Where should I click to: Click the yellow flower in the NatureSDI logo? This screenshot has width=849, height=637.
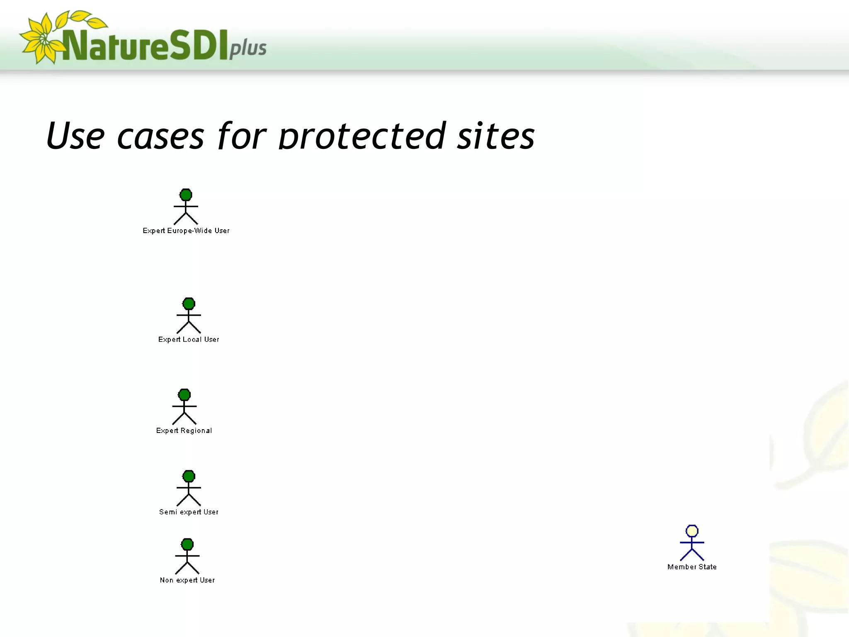click(41, 39)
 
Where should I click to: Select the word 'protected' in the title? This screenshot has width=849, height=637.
click(362, 136)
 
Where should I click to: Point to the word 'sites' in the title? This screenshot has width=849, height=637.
click(496, 136)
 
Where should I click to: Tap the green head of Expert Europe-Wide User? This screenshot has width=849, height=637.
click(186, 195)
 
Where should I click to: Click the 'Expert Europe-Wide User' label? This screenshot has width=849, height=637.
click(186, 231)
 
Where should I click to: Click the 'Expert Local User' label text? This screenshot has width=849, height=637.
click(189, 339)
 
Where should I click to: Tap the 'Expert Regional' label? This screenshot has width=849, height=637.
click(184, 430)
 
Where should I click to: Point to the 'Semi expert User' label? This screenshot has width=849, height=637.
click(189, 512)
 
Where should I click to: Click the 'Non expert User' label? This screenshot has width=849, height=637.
click(187, 580)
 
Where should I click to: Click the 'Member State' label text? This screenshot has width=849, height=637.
click(692, 566)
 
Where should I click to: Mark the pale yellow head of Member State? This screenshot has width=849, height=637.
click(692, 531)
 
